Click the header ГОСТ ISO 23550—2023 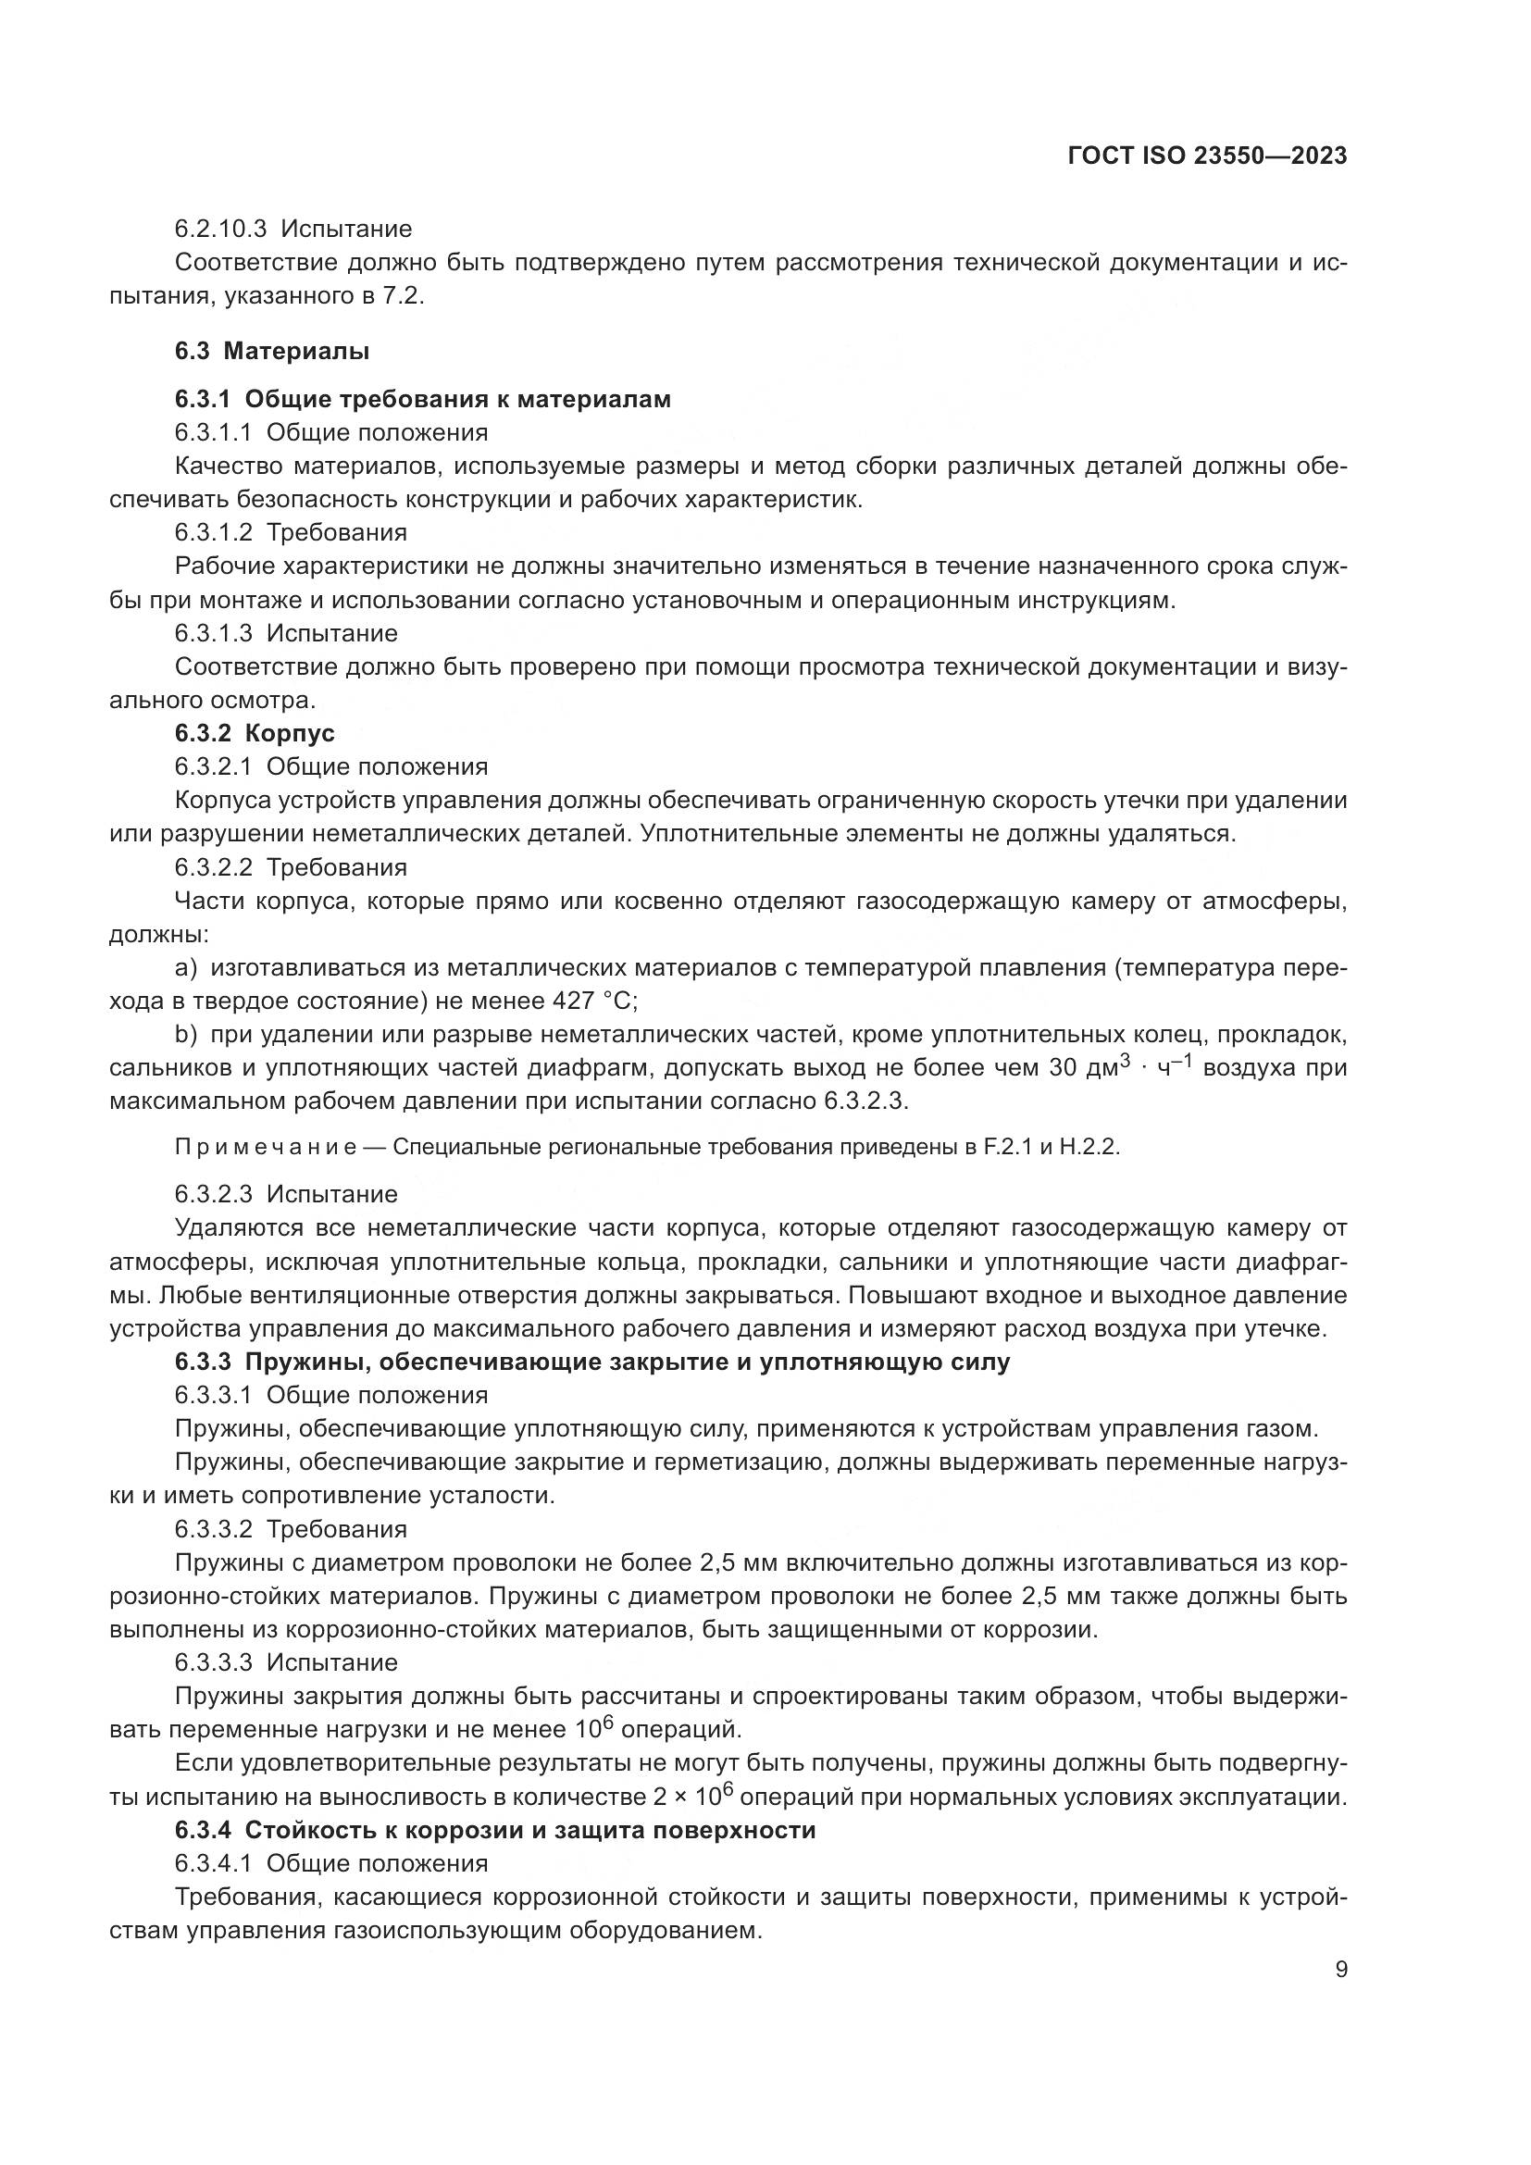(x=1208, y=156)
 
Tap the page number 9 (x=1341, y=1970)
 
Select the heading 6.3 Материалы (x=271, y=352)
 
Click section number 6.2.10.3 (x=220, y=230)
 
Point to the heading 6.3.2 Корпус (x=255, y=733)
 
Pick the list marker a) (x=186, y=967)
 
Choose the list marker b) (x=186, y=1035)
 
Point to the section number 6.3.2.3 (x=213, y=1194)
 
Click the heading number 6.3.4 (x=202, y=1830)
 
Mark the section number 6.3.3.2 (x=213, y=1528)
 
